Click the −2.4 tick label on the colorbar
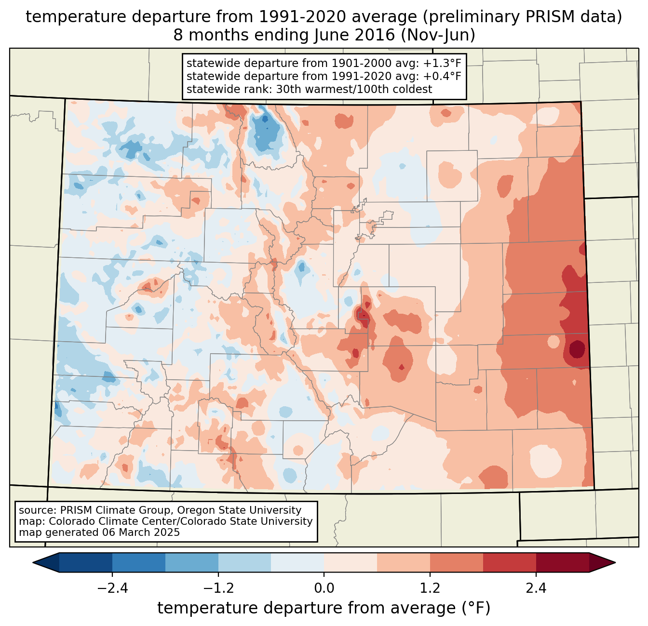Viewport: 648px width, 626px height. pyautogui.click(x=112, y=588)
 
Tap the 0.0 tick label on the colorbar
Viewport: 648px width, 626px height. pyautogui.click(x=324, y=588)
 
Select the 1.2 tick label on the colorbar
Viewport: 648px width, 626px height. pyautogui.click(x=430, y=588)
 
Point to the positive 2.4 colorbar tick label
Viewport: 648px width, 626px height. pyautogui.click(x=536, y=588)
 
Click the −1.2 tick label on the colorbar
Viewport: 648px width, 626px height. pyautogui.click(x=218, y=588)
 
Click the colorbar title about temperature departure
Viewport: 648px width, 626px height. pyautogui.click(x=324, y=608)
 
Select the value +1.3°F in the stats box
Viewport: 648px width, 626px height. pyautogui.click(x=442, y=64)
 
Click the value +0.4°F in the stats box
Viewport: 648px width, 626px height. pyautogui.click(x=442, y=76)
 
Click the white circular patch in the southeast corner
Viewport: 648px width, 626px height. pyautogui.click(x=546, y=460)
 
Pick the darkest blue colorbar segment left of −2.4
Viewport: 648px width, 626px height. pyautogui.click(x=86, y=562)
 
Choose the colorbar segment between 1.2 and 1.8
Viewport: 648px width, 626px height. pyautogui.click(x=457, y=562)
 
